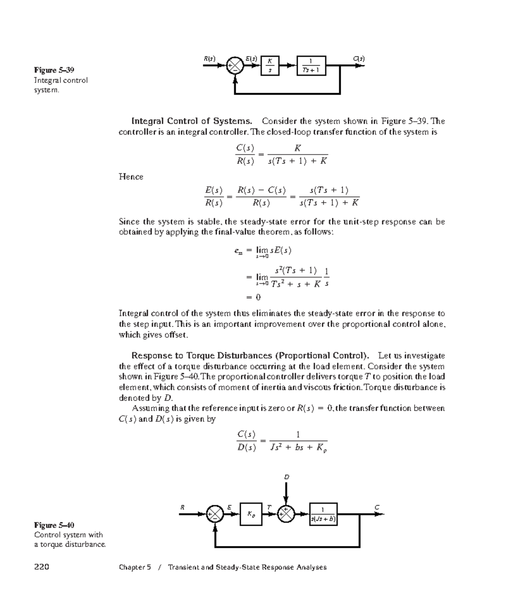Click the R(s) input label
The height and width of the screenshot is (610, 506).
(209, 59)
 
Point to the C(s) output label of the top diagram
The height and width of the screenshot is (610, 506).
(359, 59)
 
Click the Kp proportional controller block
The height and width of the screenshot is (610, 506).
(251, 514)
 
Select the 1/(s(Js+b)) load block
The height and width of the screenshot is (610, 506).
(323, 514)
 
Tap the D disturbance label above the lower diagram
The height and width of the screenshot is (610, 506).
(286, 477)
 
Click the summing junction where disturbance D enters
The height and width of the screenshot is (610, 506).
(286, 514)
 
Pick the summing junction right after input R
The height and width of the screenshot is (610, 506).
(215, 514)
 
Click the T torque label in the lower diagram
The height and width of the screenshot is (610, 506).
(269, 507)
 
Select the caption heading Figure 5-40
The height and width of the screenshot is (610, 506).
(54, 525)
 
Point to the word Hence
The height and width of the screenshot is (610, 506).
(131, 177)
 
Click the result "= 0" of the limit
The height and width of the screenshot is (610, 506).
(253, 297)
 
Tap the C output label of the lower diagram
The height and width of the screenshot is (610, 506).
(377, 507)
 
